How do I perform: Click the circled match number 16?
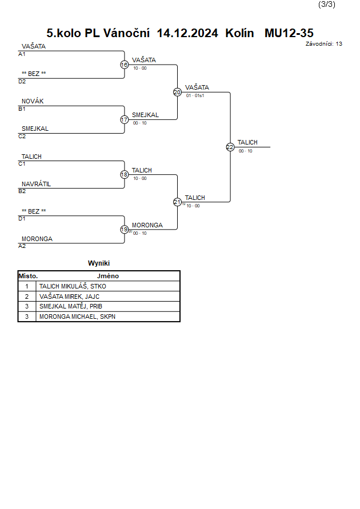pyautogui.click(x=125, y=65)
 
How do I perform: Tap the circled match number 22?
pyautogui.click(x=230, y=147)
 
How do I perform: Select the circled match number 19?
pyautogui.click(x=125, y=230)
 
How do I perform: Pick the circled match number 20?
pyautogui.click(x=177, y=92)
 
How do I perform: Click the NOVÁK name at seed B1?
pyautogui.click(x=33, y=101)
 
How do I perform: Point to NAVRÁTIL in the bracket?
pyautogui.click(x=37, y=184)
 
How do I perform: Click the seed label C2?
pyautogui.click(x=22, y=137)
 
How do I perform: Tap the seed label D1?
pyautogui.click(x=22, y=219)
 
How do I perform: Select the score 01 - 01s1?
pyautogui.click(x=195, y=96)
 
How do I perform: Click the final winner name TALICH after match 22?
pyautogui.click(x=247, y=142)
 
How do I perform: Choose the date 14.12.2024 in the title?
pyautogui.click(x=187, y=33)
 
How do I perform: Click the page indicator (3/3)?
pyautogui.click(x=326, y=4)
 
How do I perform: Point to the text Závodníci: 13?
pyautogui.click(x=323, y=44)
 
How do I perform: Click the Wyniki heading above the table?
pyautogui.click(x=99, y=263)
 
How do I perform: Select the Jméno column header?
pyautogui.click(x=108, y=276)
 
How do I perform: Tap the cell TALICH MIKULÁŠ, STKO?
pyautogui.click(x=73, y=286)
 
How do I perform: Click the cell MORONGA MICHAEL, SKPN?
pyautogui.click(x=77, y=316)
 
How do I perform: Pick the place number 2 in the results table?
pyautogui.click(x=27, y=296)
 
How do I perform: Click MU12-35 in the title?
pyautogui.click(x=289, y=33)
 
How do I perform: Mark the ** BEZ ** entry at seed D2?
pyautogui.click(x=34, y=74)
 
